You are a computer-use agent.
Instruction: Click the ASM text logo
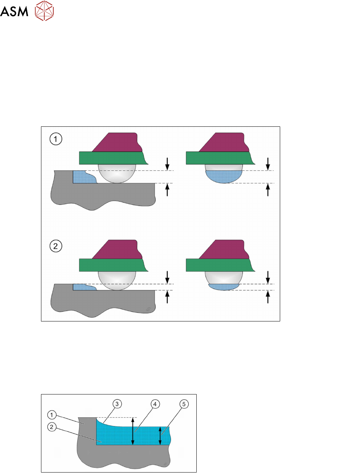(x=14, y=11)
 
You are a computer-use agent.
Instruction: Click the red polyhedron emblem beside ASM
(x=44, y=11)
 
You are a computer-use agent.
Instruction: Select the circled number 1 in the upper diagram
(x=56, y=139)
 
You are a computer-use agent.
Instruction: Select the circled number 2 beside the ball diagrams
(x=56, y=246)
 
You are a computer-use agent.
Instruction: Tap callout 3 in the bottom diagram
(x=117, y=404)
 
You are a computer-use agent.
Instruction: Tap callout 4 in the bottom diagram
(x=155, y=404)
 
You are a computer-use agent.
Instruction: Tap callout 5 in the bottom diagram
(x=184, y=404)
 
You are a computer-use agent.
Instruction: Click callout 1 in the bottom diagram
(x=52, y=415)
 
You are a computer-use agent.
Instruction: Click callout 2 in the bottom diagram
(x=52, y=427)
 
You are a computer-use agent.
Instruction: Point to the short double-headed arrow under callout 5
(x=160, y=436)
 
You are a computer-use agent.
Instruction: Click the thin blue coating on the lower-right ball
(x=224, y=287)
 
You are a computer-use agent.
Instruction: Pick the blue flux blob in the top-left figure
(x=82, y=177)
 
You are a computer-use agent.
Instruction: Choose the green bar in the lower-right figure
(x=220, y=265)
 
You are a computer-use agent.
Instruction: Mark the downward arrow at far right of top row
(x=268, y=164)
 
